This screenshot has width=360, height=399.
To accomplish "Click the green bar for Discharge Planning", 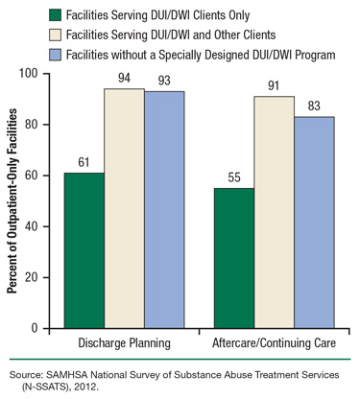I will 84,250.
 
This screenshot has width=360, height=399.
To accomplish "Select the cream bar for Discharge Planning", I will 124,208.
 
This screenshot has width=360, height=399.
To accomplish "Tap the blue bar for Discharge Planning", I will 164,209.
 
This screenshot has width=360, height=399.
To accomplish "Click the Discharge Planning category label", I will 124,342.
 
